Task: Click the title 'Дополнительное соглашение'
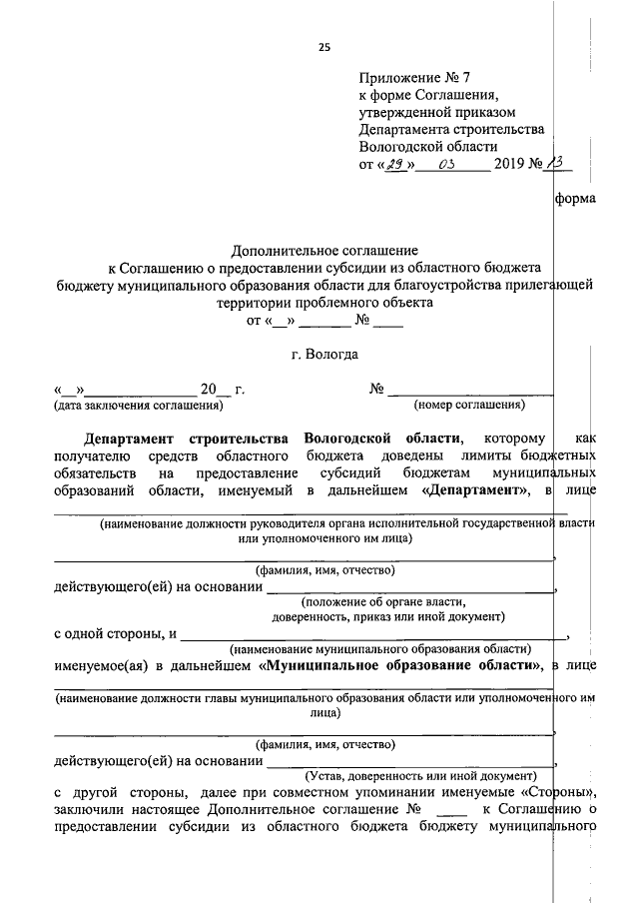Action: point(324,251)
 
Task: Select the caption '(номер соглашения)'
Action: point(468,406)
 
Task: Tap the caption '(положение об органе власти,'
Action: point(384,602)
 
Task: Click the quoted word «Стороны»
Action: point(550,792)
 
